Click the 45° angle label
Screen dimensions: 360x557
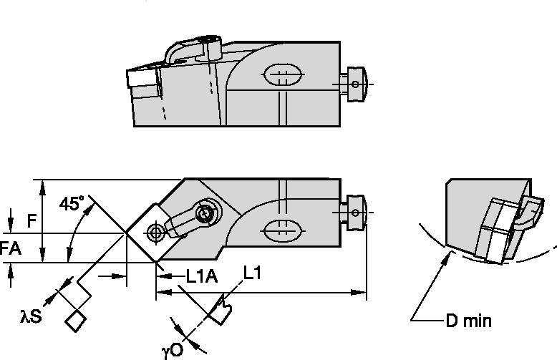click(72, 204)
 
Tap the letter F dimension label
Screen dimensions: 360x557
click(32, 221)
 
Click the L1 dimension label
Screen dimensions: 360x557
click(251, 273)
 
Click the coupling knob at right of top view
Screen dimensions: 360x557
click(356, 84)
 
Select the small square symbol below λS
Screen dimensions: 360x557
click(74, 321)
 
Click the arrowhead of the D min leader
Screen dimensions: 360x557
click(447, 252)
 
